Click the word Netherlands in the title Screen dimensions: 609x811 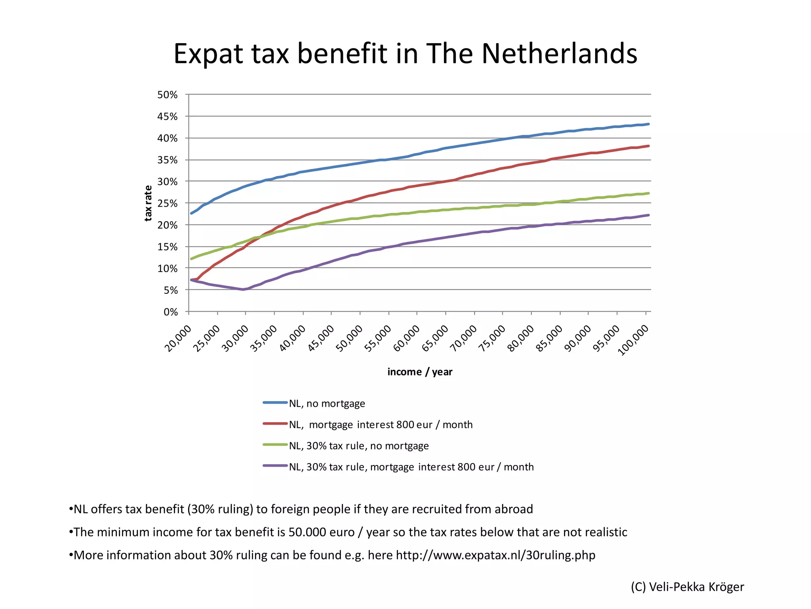(x=559, y=54)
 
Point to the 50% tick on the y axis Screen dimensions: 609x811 (x=168, y=95)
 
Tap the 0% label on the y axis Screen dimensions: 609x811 (x=171, y=312)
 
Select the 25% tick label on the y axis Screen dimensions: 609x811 (x=168, y=203)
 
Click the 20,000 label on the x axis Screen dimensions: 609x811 (x=178, y=338)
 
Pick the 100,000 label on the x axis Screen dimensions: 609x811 (x=633, y=340)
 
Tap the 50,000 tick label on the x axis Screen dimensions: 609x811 (x=349, y=338)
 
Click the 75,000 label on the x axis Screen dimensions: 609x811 (x=492, y=338)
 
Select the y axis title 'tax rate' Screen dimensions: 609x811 (x=148, y=203)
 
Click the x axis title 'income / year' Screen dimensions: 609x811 (x=420, y=372)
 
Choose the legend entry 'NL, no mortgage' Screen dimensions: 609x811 (x=327, y=404)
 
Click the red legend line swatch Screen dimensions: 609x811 (x=275, y=424)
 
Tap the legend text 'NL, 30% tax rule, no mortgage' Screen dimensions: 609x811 (x=359, y=446)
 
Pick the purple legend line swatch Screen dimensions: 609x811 (x=275, y=466)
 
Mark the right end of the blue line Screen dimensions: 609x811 (x=648, y=124)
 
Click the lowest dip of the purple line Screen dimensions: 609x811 (x=243, y=289)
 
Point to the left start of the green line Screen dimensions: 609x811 (x=192, y=259)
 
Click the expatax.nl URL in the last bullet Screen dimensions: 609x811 (x=495, y=555)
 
